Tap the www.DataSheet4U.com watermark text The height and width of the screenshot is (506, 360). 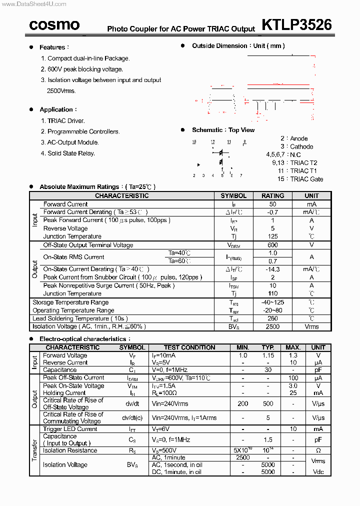tap(33, 4)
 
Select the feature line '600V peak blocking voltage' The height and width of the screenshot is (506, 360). tap(85, 69)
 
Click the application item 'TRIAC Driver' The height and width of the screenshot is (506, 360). tap(66, 120)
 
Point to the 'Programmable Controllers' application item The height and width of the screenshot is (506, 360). tap(83, 131)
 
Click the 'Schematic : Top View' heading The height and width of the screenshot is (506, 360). tap(223, 130)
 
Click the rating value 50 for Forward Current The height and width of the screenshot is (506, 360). tap(272, 204)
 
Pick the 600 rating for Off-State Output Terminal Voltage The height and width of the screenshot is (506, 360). tap(272, 245)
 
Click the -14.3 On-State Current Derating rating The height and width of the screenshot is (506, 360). tap(272, 269)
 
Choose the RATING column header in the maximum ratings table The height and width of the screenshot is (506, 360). tap(272, 196)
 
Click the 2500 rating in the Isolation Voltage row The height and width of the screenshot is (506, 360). tap(272, 326)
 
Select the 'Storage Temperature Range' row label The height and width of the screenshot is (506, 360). tap(70, 302)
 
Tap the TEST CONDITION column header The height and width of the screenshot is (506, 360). tap(189, 347)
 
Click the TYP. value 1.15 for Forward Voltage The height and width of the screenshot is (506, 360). tap(268, 355)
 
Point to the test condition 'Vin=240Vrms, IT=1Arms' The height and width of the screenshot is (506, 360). tap(184, 418)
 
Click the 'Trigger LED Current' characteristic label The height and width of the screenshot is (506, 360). tap(70, 429)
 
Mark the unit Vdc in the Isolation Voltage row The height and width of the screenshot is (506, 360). tap(318, 472)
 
